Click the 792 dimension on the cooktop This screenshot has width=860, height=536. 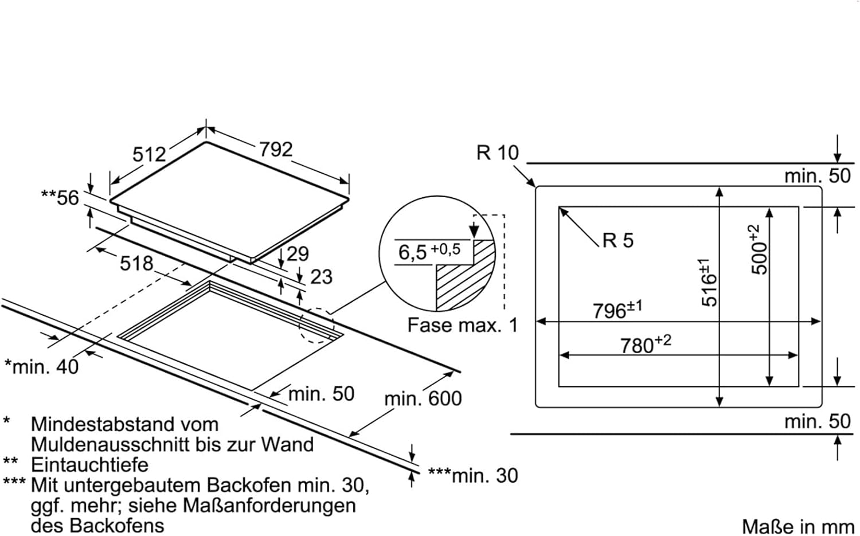[275, 150]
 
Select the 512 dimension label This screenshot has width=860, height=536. [149, 154]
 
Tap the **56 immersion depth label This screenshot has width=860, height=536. [60, 198]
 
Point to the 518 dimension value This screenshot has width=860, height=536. [136, 263]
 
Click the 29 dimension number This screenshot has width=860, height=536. [298, 254]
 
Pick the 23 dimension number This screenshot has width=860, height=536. [321, 277]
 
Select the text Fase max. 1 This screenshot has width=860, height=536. [462, 326]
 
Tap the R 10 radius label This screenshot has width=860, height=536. [497, 153]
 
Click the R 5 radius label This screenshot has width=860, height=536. [618, 240]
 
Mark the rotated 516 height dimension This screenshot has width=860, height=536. [709, 283]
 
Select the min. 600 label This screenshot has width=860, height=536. [423, 398]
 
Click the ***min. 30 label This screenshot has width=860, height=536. [472, 475]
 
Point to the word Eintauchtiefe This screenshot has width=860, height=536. [89, 464]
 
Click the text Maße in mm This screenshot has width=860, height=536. [797, 526]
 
